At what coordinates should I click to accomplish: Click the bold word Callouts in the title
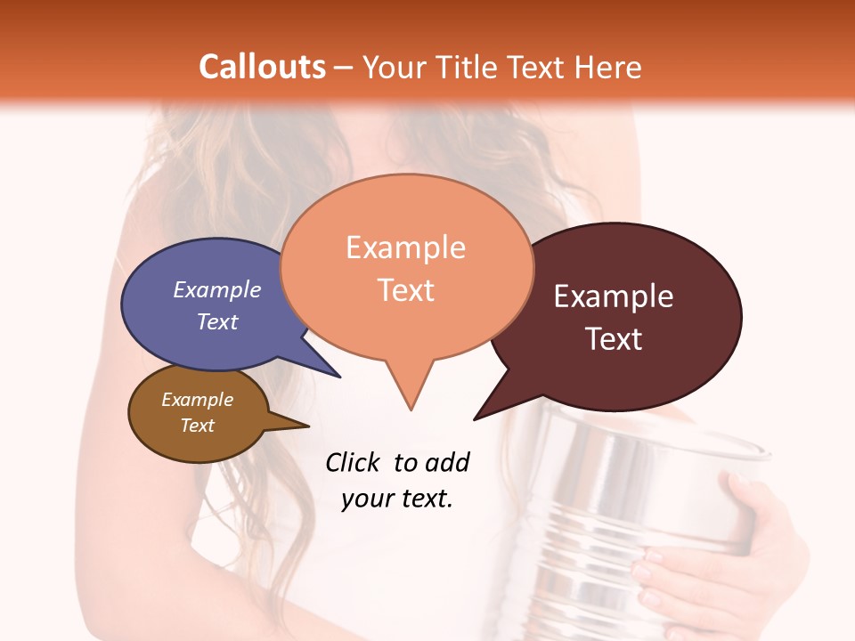[x=262, y=67]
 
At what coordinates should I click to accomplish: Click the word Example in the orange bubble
[x=405, y=247]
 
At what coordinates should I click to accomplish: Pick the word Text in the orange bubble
[x=405, y=290]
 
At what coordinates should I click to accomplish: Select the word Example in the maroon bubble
[x=613, y=296]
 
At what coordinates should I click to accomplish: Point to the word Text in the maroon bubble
[x=613, y=339]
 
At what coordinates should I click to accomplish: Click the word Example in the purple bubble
[x=216, y=289]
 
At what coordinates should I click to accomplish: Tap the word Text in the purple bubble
[x=216, y=321]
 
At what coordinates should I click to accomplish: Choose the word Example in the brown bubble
[x=197, y=400]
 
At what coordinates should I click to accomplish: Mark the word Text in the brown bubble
[x=197, y=426]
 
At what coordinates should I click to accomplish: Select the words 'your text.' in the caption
[x=396, y=499]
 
